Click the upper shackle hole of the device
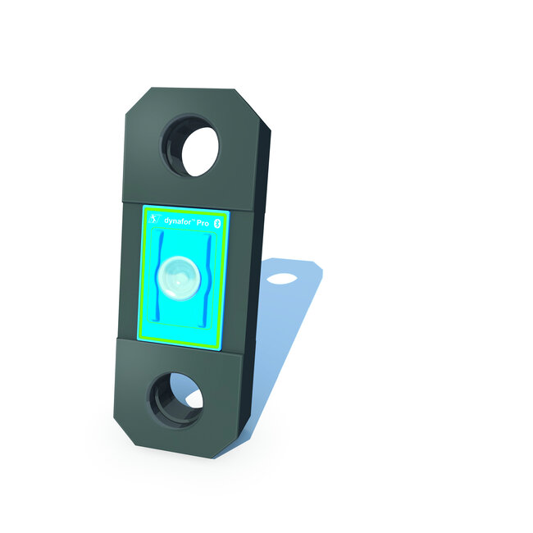click(197, 148)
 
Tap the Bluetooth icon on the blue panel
click(218, 222)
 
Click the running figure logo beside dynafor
click(152, 218)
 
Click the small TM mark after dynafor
click(193, 216)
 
